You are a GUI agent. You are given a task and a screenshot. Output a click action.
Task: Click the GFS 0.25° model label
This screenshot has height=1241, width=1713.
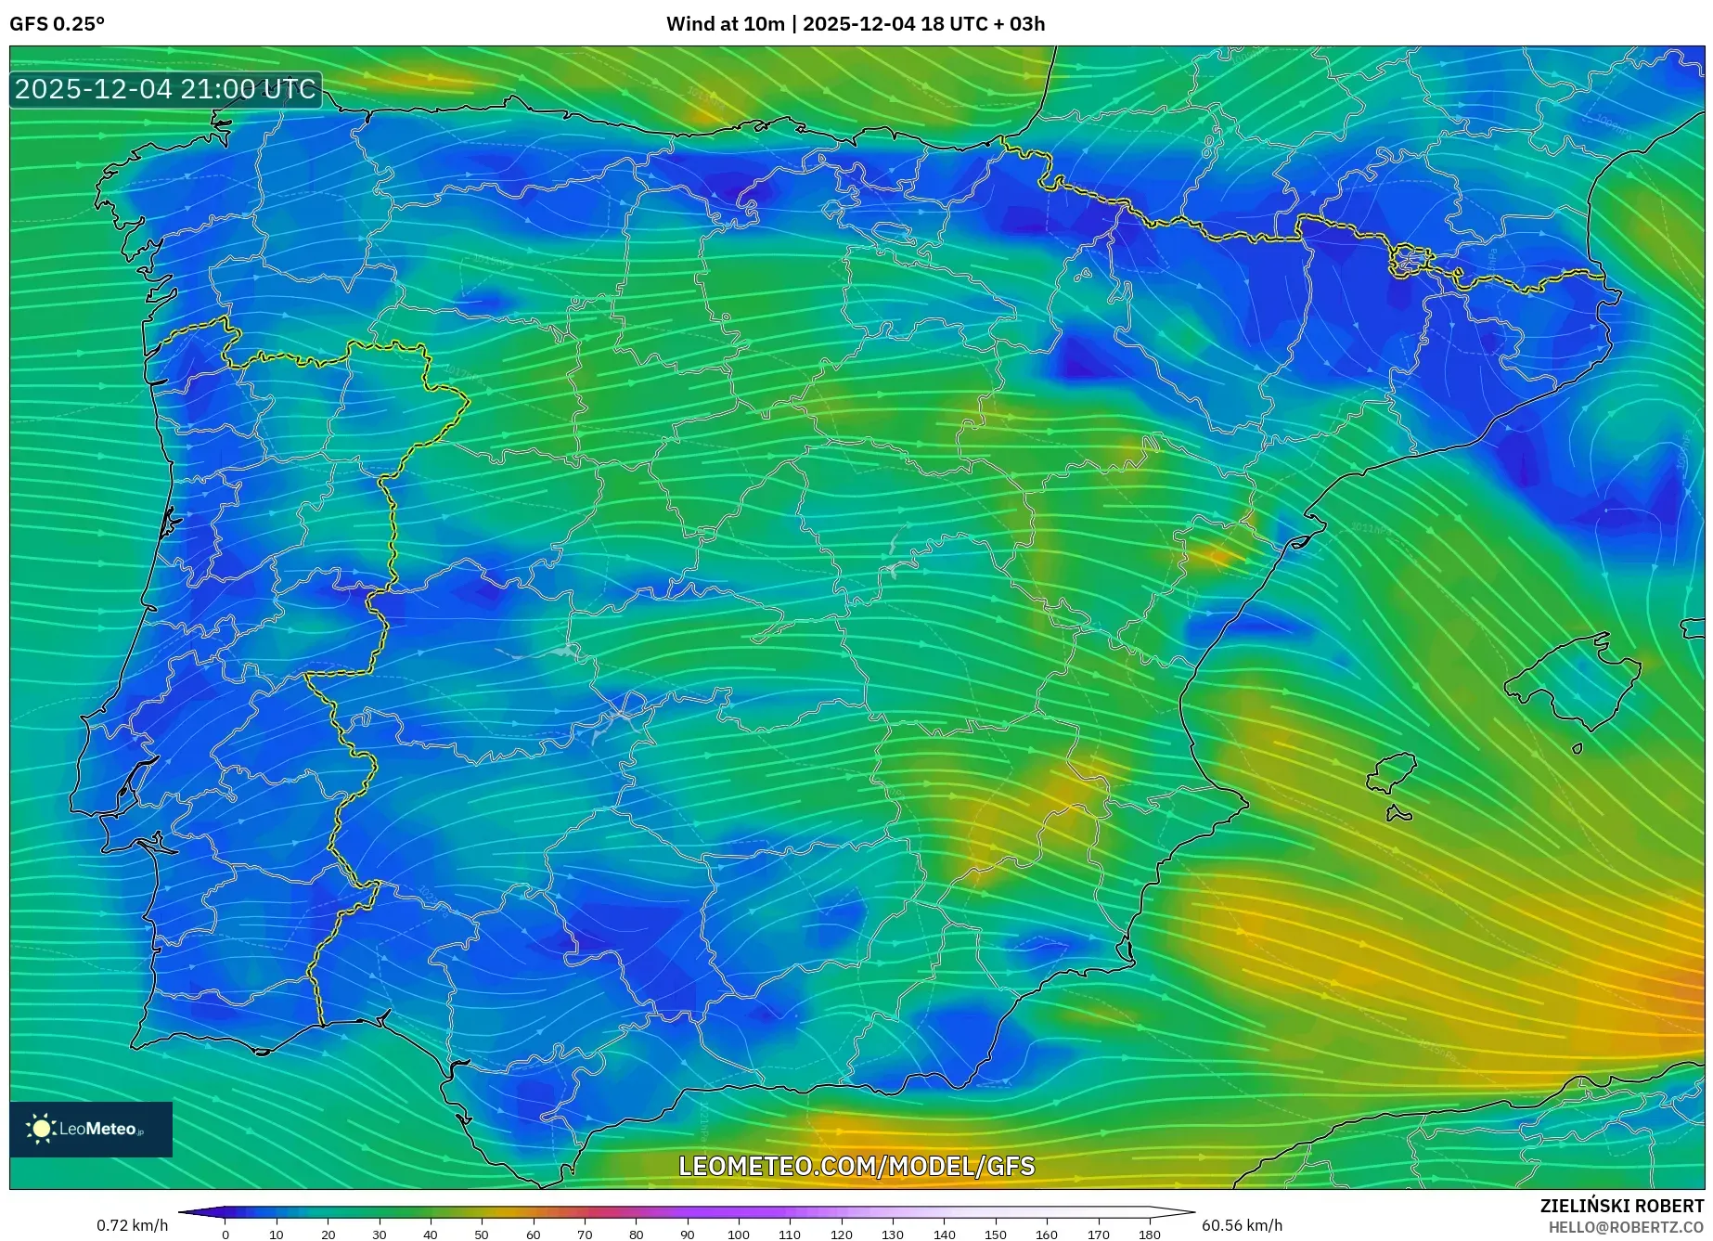(57, 24)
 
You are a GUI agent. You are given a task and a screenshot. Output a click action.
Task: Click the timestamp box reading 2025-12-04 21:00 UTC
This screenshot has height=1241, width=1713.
(165, 90)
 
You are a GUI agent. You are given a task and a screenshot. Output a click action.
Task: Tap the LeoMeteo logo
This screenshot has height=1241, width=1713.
(91, 1129)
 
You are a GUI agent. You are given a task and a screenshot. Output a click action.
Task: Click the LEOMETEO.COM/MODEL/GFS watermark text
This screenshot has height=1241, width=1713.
(856, 1166)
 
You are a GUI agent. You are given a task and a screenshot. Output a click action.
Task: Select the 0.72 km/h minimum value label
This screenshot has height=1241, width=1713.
(132, 1225)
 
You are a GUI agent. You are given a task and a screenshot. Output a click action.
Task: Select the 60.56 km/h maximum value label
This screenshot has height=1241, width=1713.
(1242, 1225)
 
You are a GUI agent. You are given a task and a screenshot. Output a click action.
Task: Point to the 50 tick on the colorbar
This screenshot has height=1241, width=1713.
(482, 1234)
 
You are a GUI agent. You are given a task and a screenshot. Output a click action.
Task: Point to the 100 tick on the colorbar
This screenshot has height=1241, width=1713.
(739, 1234)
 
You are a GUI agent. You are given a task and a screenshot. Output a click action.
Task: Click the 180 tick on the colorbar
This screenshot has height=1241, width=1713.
(1149, 1234)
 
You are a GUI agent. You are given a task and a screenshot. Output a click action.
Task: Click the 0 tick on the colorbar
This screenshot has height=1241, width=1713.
(225, 1234)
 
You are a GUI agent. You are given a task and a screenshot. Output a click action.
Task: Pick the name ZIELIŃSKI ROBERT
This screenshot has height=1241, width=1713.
(1621, 1206)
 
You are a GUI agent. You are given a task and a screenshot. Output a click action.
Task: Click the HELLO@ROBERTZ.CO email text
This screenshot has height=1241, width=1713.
(1625, 1227)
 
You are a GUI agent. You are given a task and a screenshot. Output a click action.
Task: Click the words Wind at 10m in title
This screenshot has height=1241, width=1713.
(725, 24)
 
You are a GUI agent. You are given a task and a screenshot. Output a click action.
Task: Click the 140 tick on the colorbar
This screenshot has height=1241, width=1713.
(944, 1234)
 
